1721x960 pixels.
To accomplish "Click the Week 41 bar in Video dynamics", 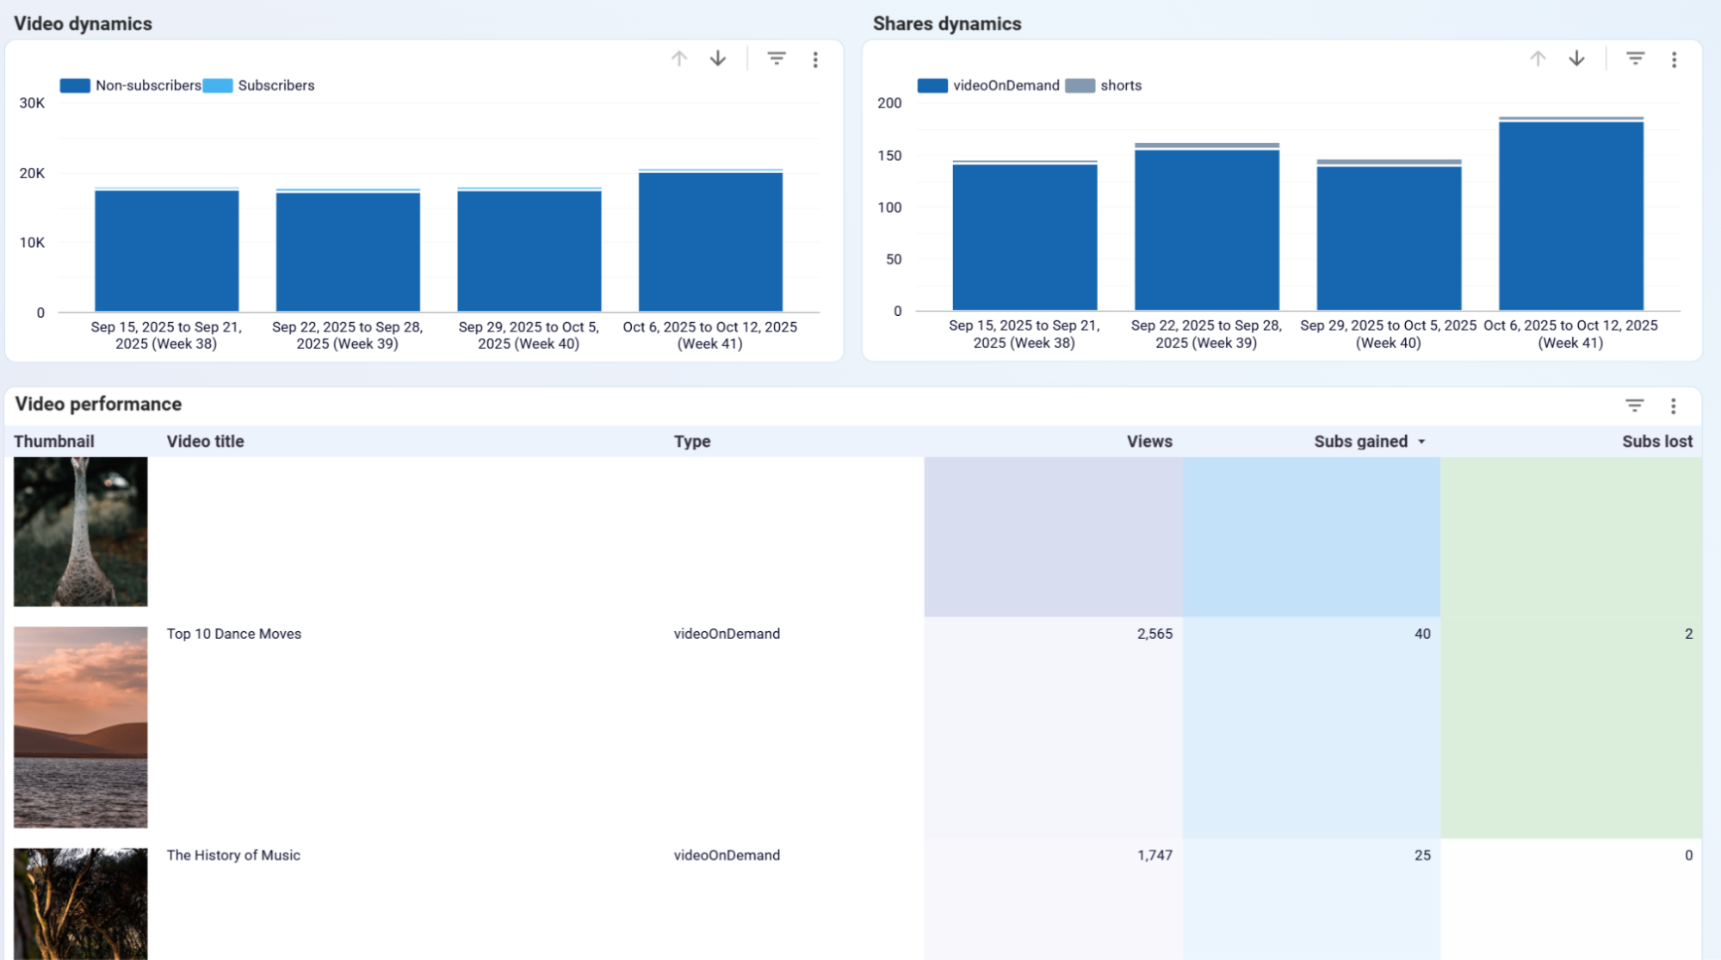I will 710,243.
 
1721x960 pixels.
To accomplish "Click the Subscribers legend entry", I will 275,85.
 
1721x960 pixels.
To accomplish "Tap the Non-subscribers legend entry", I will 147,85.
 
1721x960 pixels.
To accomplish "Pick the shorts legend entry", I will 1120,85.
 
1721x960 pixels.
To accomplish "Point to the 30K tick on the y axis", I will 32,103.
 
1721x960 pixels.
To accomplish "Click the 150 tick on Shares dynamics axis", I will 889,156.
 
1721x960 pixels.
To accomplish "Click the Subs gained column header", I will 1360,442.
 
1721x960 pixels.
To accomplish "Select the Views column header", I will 1148,442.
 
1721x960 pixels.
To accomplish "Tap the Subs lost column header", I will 1656,442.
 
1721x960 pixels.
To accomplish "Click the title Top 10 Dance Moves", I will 233,634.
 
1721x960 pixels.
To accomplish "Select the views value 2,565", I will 1155,634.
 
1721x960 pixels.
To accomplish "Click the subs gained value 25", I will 1422,855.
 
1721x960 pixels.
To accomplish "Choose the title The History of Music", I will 233,855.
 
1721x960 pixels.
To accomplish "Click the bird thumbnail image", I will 80,531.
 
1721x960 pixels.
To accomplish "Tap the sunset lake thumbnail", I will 80,727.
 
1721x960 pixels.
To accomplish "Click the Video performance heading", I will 98,405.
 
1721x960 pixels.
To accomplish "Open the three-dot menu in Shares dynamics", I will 1674,59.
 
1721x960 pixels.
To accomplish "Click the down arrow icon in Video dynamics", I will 717,59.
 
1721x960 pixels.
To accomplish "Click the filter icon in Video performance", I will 1634,406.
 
